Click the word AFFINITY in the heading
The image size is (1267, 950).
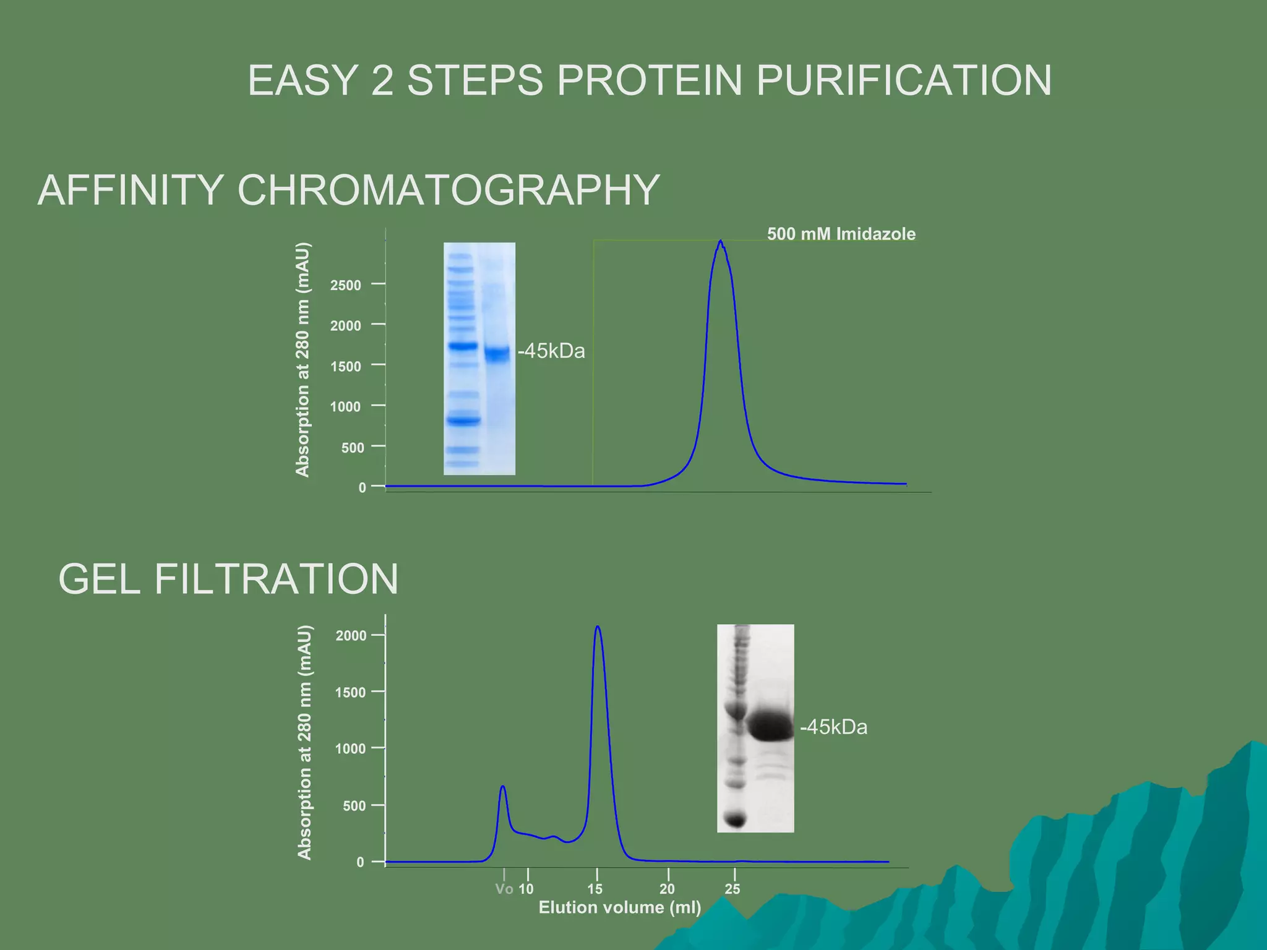pos(131,190)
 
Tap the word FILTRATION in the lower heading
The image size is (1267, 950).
pos(276,580)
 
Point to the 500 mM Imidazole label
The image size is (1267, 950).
pos(841,234)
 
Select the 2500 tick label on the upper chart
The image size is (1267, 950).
pos(345,285)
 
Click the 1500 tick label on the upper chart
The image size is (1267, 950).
pos(345,366)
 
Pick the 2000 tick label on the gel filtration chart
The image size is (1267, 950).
pos(351,636)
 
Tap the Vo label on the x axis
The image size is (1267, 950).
pos(504,889)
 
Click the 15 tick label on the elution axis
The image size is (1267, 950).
pos(595,889)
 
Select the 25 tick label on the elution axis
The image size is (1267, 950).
pos(732,889)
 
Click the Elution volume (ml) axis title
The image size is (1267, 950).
pos(620,907)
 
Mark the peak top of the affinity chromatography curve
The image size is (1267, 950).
pos(721,242)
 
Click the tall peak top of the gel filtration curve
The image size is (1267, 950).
pos(598,627)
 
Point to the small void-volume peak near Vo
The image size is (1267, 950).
pos(503,787)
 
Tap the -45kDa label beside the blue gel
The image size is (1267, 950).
pos(552,351)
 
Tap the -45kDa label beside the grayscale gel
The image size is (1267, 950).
pos(834,727)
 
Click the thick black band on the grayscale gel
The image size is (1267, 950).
pos(770,726)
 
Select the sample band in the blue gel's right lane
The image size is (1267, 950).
pos(497,354)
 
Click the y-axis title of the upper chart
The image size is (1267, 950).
pos(302,359)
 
